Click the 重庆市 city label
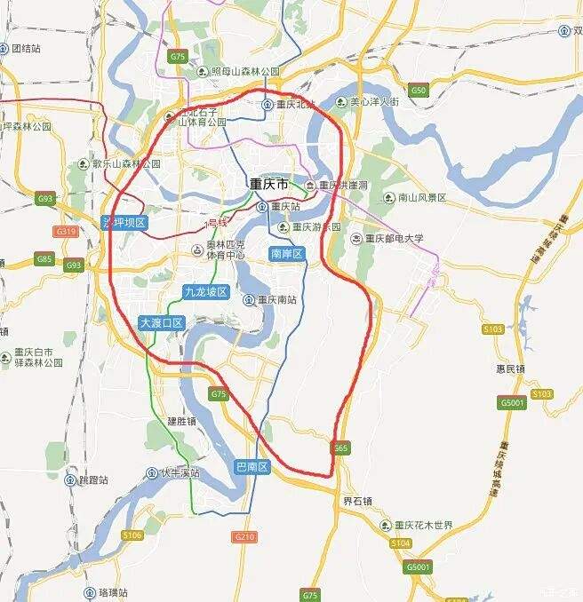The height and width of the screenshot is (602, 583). tap(268, 186)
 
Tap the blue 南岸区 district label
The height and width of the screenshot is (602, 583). tap(286, 255)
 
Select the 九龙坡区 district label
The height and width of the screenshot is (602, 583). tap(206, 291)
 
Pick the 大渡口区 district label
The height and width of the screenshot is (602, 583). tap(161, 323)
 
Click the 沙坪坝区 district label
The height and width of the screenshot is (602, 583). tap(124, 222)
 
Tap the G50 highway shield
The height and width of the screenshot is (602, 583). tap(419, 90)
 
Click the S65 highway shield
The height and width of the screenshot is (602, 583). tap(340, 449)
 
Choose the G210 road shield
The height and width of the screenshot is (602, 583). tap(244, 537)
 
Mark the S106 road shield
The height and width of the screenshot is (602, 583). tap(132, 535)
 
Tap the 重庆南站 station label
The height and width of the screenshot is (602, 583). tap(271, 300)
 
